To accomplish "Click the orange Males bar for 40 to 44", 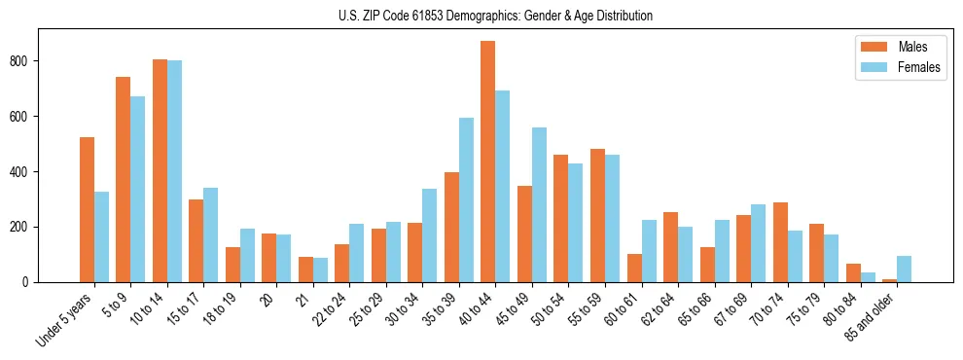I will point(487,162).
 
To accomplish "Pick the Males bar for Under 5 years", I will point(87,209).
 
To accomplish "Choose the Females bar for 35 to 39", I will point(466,199).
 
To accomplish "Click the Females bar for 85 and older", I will point(904,269).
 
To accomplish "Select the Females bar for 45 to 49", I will point(539,204).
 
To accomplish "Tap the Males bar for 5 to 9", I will point(123,179).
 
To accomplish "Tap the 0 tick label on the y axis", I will point(31,282).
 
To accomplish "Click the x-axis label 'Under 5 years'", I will point(66,318).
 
